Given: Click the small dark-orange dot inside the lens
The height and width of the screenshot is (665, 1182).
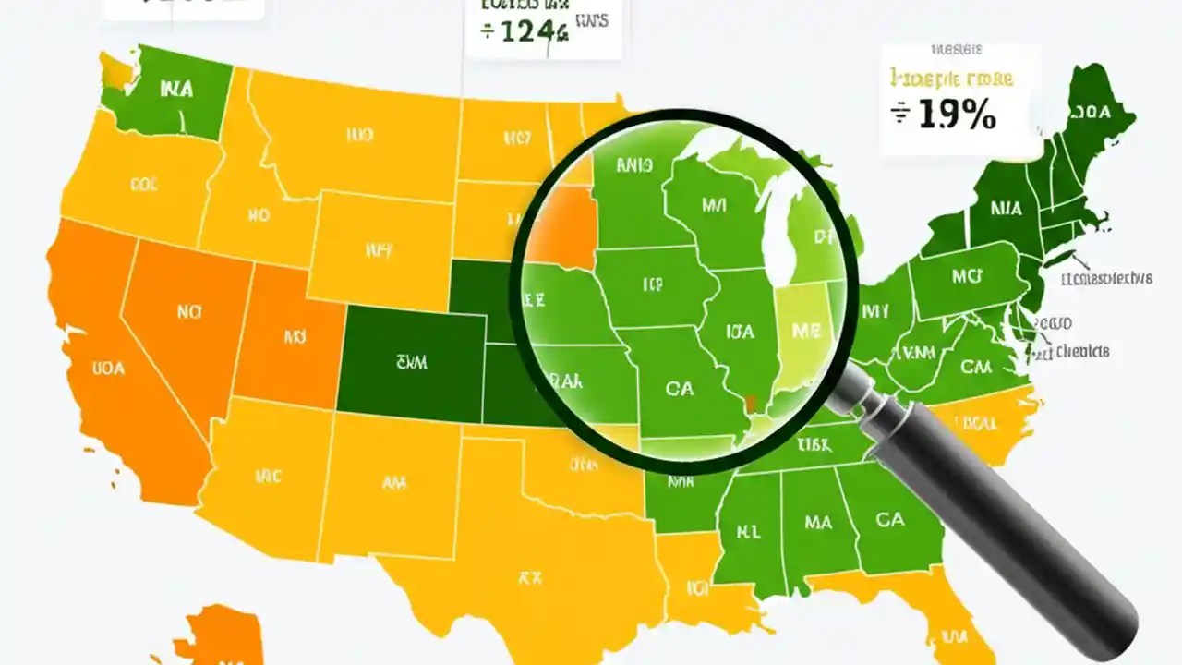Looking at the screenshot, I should pos(750,402).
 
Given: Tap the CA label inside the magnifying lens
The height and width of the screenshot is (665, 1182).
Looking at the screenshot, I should pos(679,388).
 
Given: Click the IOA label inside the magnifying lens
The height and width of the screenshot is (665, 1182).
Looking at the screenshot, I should pos(740,330).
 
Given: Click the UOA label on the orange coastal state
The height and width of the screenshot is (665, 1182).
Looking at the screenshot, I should pos(109,368).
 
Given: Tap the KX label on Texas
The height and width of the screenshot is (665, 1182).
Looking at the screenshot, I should pos(528,579).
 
